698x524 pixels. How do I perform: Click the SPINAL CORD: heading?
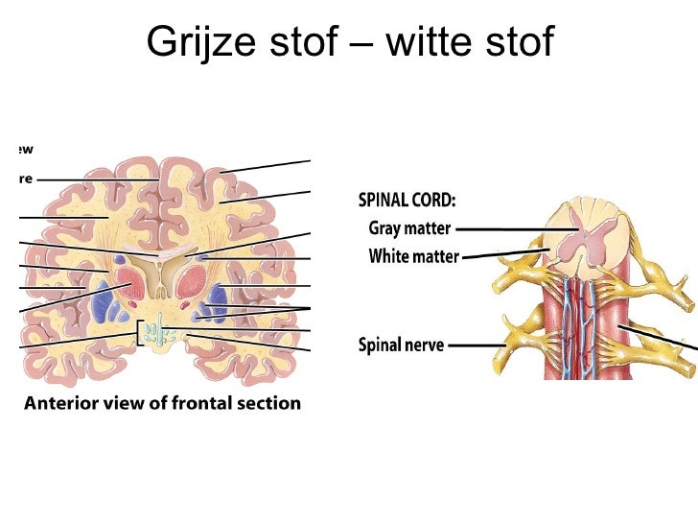(x=407, y=202)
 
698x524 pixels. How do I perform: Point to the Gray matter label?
(x=410, y=229)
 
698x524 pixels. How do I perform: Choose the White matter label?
(x=413, y=257)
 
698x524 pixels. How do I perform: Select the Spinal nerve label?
(x=401, y=344)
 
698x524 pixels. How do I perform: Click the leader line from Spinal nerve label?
(x=477, y=344)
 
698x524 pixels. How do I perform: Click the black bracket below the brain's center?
(x=141, y=332)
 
